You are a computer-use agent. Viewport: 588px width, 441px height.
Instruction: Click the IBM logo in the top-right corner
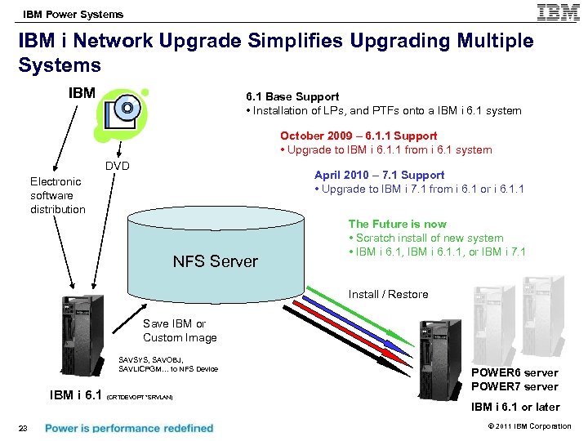point(559,13)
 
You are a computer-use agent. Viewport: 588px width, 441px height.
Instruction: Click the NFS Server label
point(215,261)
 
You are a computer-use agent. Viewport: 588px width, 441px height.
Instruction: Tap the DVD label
point(119,166)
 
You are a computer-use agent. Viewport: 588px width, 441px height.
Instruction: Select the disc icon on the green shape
point(127,108)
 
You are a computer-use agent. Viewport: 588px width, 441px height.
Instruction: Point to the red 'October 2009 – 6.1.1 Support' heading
point(359,136)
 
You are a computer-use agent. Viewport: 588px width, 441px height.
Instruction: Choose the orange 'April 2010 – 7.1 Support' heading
point(380,175)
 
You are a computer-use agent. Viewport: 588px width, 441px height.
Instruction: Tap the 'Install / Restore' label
point(388,294)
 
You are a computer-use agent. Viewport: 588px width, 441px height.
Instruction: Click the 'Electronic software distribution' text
point(57,195)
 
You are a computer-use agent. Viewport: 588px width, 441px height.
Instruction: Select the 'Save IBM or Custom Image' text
point(180,331)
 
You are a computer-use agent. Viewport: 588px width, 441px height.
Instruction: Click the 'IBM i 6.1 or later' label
point(515,407)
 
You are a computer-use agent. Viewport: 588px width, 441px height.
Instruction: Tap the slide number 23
point(24,427)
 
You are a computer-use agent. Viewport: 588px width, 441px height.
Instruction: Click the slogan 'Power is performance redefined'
point(129,427)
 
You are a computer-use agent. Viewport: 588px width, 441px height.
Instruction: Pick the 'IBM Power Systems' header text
point(73,13)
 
